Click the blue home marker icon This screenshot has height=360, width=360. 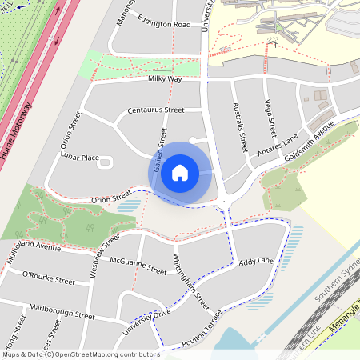tap(180, 173)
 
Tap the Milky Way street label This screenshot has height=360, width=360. tap(164, 79)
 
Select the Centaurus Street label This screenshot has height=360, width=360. tap(155, 110)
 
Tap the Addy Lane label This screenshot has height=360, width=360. tap(256, 262)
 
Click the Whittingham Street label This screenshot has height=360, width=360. tap(191, 282)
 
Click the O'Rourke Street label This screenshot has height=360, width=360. tap(48, 278)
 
